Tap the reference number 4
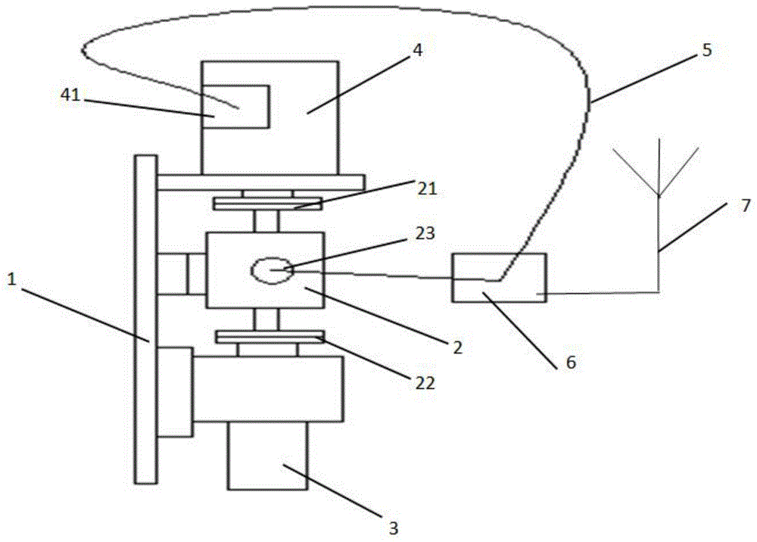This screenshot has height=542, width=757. [417, 51]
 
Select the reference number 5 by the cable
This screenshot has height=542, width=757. [706, 51]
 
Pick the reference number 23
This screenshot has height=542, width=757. [425, 234]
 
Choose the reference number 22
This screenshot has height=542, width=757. [425, 382]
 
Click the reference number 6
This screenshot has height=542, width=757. [571, 363]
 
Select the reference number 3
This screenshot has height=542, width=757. [392, 527]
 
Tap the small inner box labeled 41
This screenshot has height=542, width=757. [241, 106]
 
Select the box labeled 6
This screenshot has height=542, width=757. [498, 278]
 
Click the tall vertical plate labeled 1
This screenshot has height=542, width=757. [145, 318]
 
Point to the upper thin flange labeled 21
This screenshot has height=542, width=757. [267, 204]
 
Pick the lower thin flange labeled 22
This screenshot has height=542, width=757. [269, 336]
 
